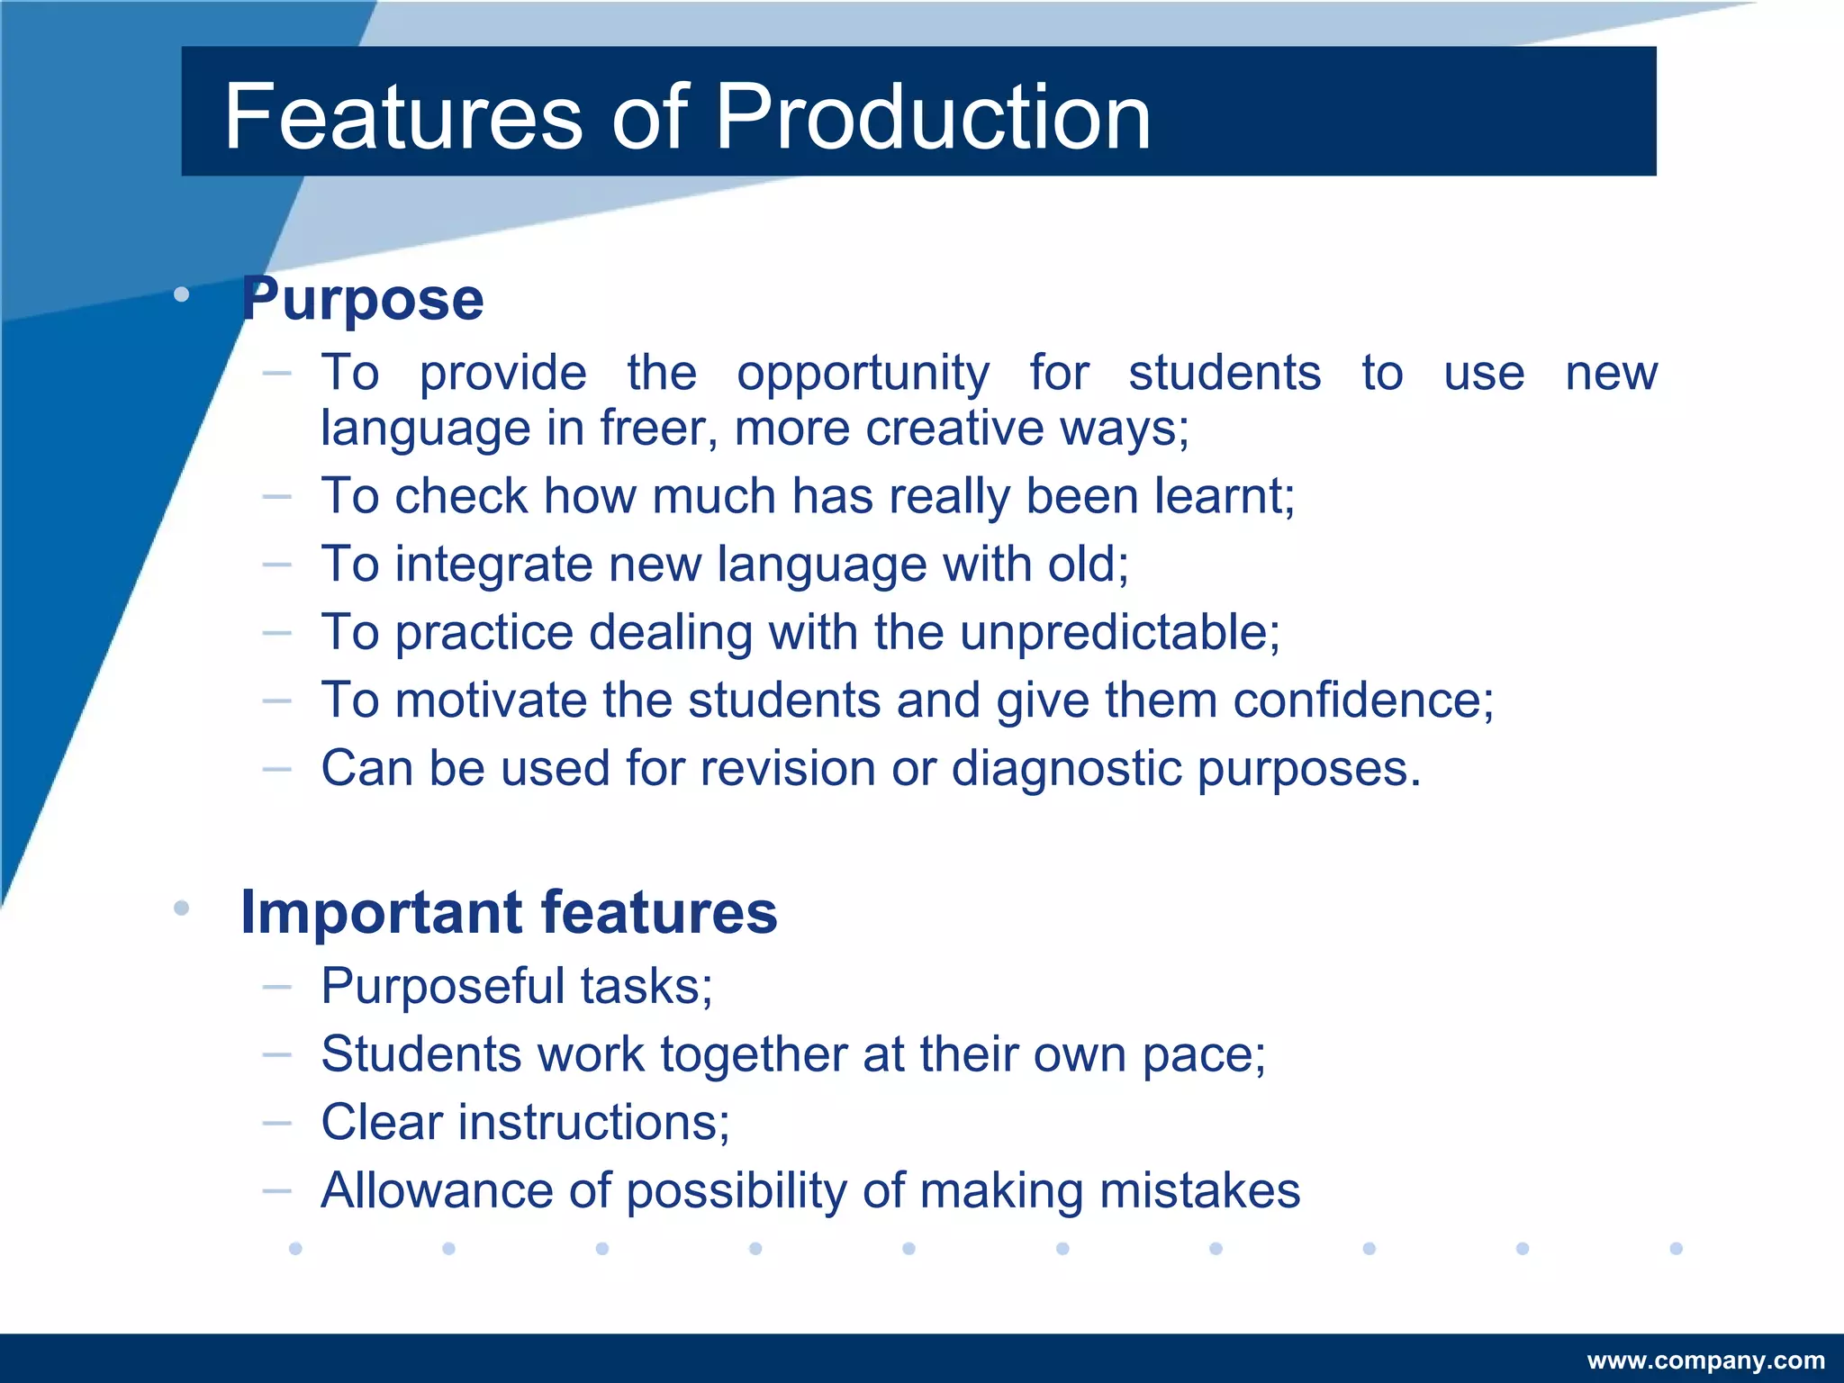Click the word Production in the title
tap(933, 117)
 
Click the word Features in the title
tap(403, 117)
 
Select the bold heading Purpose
tap(362, 299)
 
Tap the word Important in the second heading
tap(381, 912)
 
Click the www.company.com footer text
tap(1705, 1360)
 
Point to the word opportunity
tap(863, 374)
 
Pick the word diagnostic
tap(1066, 769)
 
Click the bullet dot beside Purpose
tap(182, 294)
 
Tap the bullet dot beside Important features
tap(182, 908)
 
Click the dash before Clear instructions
tap(276, 1123)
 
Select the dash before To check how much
tap(276, 496)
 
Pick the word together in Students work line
tap(754, 1054)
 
